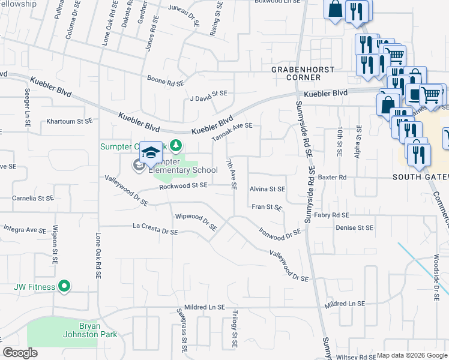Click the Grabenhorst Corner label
pyautogui.click(x=303, y=73)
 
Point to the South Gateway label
pyautogui.click(x=420, y=177)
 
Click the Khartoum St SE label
pyautogui.click(x=70, y=121)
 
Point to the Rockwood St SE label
pyautogui.click(x=183, y=186)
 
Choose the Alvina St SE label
pyautogui.click(x=267, y=188)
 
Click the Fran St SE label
pyautogui.click(x=267, y=207)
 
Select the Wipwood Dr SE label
pyautogui.click(x=196, y=220)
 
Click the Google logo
pyautogui.click(x=20, y=353)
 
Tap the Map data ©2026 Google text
pyautogui.click(x=411, y=355)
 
